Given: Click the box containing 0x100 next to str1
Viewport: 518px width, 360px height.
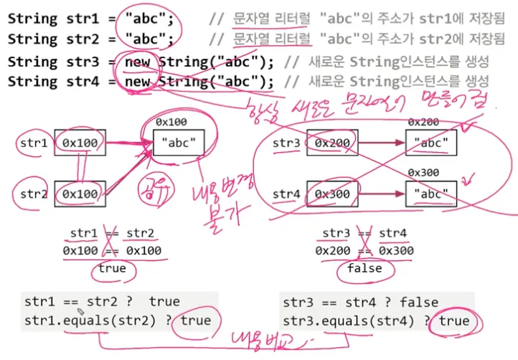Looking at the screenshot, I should click(x=80, y=143).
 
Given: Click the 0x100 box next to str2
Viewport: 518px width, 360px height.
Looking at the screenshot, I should click(x=80, y=194).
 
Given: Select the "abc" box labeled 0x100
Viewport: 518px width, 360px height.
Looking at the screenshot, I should click(x=179, y=143).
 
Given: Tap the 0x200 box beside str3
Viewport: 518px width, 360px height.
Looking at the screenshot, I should click(x=332, y=143).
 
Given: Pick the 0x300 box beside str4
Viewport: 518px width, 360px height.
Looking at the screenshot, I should click(x=332, y=194).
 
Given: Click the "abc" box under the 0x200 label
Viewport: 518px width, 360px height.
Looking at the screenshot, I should click(x=430, y=143).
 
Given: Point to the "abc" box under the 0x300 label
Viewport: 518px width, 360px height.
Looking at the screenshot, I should click(x=430, y=194).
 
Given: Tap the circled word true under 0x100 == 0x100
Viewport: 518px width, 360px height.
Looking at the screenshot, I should click(x=111, y=268).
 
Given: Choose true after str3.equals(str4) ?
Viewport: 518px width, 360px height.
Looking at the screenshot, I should click(x=454, y=321).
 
